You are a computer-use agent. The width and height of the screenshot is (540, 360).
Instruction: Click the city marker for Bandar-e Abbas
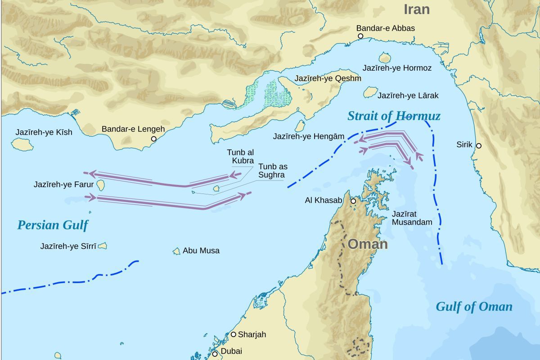360,36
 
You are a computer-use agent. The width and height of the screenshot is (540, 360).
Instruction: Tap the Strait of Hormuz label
394,116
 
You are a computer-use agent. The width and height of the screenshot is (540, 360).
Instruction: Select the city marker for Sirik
479,145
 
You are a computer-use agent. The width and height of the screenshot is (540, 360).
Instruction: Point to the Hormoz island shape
384,58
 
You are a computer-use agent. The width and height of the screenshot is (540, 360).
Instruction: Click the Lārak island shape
370,93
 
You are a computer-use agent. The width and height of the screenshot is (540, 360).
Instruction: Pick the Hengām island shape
300,126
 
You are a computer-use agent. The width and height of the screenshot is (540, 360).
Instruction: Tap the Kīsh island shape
22,144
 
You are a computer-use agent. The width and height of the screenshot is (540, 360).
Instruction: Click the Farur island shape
101,185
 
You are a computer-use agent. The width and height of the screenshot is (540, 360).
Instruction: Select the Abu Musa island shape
176,251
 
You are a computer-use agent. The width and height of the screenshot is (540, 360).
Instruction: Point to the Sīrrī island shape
103,246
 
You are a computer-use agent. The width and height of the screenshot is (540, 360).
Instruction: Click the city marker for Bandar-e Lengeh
153,139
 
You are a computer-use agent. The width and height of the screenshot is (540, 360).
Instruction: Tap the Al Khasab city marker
353,201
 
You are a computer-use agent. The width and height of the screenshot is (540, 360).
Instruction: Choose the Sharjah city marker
234,334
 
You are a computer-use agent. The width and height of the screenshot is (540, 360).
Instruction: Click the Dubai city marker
215,354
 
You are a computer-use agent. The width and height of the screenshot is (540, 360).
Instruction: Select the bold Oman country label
367,244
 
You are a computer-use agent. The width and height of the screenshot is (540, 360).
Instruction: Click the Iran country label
416,9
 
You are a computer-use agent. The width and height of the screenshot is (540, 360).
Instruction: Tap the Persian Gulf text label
53,225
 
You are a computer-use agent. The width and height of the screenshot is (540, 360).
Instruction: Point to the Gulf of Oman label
474,307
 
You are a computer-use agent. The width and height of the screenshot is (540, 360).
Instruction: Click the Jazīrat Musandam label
411,218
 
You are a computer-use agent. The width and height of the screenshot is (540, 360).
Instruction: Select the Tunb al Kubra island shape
216,189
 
